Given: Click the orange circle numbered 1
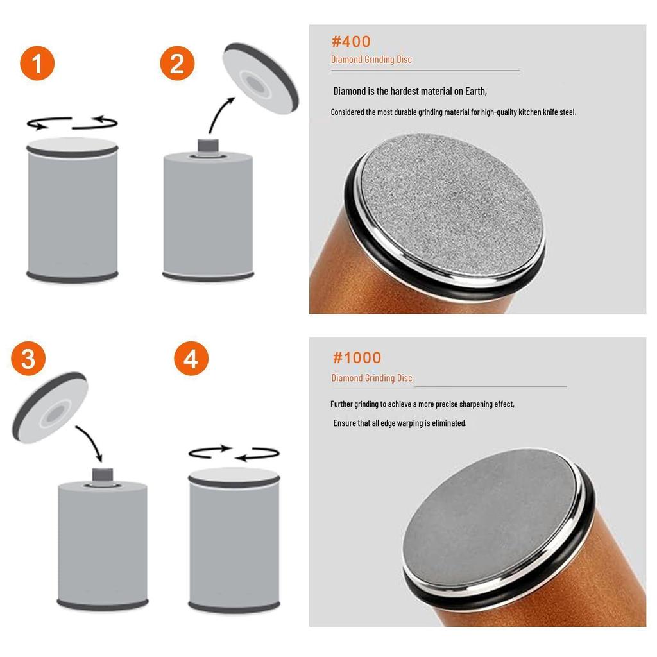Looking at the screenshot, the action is [37, 64].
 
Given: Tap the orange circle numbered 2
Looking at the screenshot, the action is [177, 64].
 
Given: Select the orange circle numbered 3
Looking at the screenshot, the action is [28, 359].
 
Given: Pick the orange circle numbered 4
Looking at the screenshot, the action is [191, 359].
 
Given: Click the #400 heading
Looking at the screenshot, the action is [351, 42].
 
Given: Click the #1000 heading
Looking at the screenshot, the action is [357, 357].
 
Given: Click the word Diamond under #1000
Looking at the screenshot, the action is [346, 378].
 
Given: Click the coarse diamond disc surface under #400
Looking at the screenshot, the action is [452, 205].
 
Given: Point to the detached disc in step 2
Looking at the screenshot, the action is [260, 78].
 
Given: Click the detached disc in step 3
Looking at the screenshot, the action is [50, 407].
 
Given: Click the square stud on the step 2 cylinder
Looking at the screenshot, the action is [209, 146].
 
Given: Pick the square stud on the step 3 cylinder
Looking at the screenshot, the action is [103, 475].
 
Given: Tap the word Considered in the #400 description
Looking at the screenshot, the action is [347, 112].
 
